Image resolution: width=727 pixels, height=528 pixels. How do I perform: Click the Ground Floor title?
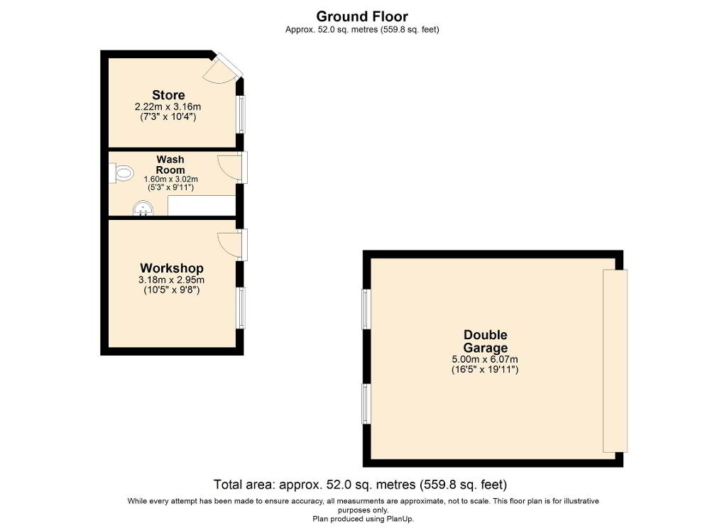(362, 16)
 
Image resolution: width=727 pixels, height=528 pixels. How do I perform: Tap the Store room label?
(168, 95)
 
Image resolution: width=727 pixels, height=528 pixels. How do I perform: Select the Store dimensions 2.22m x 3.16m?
(168, 106)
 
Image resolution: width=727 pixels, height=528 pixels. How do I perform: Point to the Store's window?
(241, 114)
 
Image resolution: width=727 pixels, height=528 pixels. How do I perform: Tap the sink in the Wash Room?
(143, 209)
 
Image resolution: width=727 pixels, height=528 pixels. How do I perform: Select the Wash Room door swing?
(228, 167)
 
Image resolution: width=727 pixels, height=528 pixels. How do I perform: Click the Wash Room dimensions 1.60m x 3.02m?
(170, 179)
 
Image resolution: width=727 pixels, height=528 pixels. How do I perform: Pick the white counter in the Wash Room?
(202, 205)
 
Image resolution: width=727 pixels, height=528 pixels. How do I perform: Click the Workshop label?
(172, 268)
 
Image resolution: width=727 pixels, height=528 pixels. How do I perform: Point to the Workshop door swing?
(228, 245)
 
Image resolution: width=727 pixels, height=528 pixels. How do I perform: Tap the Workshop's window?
(241, 308)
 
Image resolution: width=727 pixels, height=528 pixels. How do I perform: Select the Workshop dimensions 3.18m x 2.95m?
(171, 280)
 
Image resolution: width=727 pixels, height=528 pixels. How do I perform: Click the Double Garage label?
(486, 341)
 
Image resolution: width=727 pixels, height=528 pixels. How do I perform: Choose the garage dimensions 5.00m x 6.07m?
(485, 359)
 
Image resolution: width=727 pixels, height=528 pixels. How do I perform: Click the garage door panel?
(615, 361)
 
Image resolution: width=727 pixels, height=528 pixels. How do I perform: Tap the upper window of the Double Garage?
(366, 309)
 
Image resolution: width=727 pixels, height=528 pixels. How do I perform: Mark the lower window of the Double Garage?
(366, 404)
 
